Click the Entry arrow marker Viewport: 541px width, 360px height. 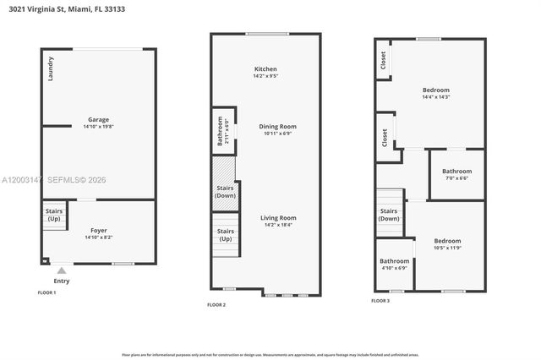point(61,270)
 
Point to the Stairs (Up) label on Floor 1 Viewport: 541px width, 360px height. point(53,214)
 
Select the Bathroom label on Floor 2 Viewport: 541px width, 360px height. point(221,131)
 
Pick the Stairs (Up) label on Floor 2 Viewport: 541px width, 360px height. point(226,234)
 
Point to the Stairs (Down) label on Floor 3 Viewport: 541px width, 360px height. point(389,215)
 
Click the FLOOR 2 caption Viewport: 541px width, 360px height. point(216,304)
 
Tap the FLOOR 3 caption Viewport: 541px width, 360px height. point(380,300)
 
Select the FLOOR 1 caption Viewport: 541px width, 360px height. point(46,292)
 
